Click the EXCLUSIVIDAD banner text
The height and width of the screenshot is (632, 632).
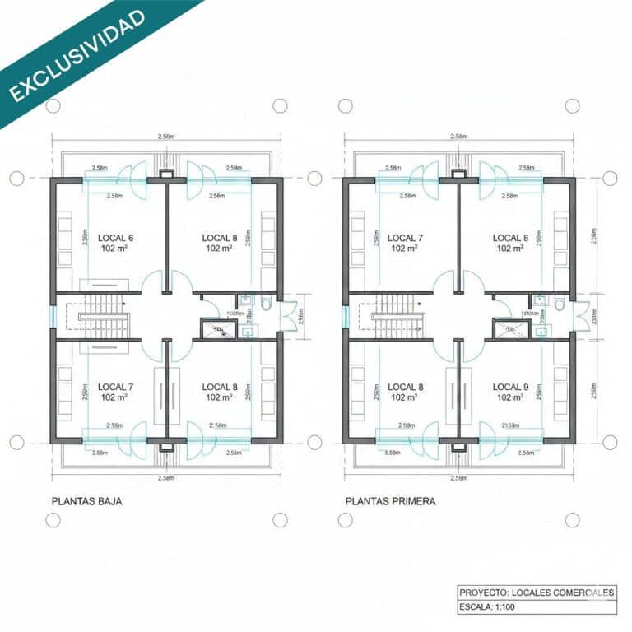[x=78, y=56]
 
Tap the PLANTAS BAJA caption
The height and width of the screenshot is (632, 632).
[x=87, y=500]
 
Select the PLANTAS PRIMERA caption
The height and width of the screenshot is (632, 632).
[x=390, y=500]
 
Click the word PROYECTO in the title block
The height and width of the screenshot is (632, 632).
[x=483, y=592]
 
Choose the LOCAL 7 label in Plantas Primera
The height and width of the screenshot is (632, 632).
[x=405, y=239]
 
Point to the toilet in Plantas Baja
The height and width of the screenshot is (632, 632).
[x=266, y=304]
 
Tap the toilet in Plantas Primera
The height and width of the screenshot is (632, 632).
[x=559, y=304]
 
